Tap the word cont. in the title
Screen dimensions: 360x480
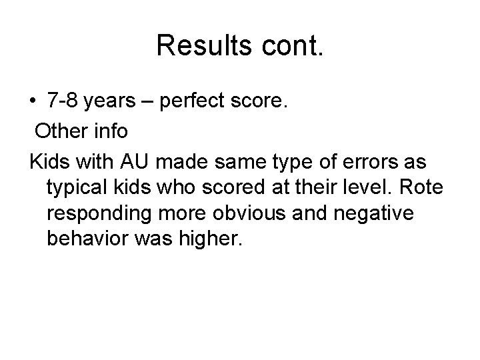click(x=285, y=45)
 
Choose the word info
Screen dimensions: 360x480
click(x=109, y=131)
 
